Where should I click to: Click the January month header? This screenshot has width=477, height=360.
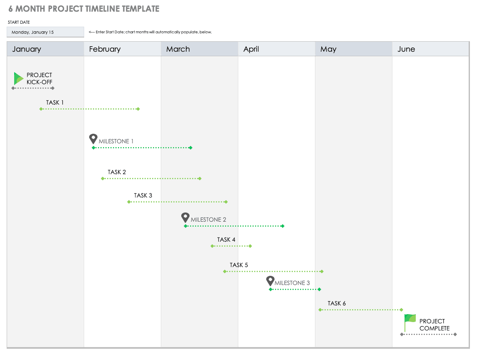[27, 49]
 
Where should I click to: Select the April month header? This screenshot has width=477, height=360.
[251, 49]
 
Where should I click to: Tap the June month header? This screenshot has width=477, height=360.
[406, 49]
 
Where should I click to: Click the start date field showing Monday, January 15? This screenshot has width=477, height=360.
[45, 32]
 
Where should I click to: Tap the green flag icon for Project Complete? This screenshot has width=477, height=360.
[410, 321]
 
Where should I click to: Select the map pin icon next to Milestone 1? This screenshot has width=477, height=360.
[93, 139]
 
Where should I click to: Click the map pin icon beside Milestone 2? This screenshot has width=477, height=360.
[185, 217]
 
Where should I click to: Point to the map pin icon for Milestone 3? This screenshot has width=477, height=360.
[270, 281]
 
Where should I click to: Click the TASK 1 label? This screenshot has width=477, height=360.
[55, 102]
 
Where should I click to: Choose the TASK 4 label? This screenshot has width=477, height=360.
[226, 240]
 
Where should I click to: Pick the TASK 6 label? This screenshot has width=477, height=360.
[337, 303]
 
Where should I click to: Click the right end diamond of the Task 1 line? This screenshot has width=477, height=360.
[138, 109]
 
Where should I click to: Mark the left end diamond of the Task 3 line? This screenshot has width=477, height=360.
[129, 202]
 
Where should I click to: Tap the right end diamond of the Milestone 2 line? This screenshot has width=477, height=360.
[282, 226]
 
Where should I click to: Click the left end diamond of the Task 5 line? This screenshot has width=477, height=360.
[225, 271]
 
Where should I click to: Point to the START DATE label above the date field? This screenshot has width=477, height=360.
[19, 22]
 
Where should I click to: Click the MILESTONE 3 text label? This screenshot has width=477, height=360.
[292, 283]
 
